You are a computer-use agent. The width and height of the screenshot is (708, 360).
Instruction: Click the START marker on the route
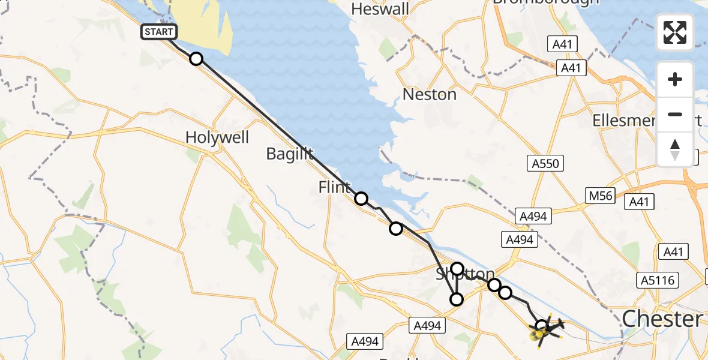159,32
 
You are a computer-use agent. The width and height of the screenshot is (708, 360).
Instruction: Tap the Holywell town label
217,137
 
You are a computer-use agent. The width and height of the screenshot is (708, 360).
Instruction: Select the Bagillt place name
290,154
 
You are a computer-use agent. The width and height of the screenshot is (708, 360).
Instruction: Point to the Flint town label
335,188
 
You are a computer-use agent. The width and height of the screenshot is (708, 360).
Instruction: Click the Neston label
430,94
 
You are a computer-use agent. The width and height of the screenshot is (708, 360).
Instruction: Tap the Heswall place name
380,9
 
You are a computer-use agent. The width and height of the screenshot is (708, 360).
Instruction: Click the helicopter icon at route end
544,330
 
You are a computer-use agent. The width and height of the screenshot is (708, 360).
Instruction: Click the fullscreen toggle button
675,32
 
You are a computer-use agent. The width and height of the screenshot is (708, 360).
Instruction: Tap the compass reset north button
675,149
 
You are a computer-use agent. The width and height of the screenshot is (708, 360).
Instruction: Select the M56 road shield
601,195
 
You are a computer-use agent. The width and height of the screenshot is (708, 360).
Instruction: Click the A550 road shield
545,163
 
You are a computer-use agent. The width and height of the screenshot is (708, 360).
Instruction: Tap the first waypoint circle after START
196,59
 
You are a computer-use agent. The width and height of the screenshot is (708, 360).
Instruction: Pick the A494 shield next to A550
533,216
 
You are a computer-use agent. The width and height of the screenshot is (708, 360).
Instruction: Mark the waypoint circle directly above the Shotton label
458,269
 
